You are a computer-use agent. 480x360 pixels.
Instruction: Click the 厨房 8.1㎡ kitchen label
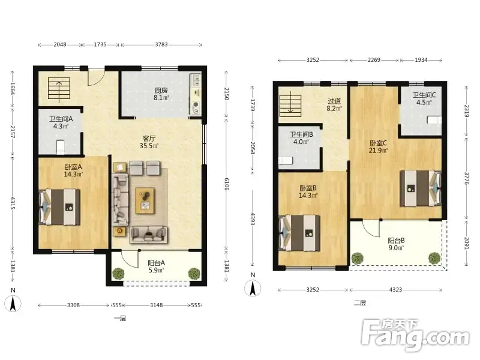(161, 94)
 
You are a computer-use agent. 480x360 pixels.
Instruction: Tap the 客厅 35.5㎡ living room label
(149, 142)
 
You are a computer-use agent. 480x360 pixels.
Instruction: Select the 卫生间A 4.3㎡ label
(61, 122)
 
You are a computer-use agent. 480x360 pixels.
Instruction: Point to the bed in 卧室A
(59, 207)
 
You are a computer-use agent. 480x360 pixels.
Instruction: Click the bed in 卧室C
(421, 188)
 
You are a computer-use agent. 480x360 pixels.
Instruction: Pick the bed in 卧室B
(299, 233)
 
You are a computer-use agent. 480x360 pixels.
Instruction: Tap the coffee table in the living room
(145, 201)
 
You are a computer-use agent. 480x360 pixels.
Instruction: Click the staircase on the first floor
(59, 88)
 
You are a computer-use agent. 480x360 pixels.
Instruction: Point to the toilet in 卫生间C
(434, 119)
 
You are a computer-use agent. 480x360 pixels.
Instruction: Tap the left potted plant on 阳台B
(357, 259)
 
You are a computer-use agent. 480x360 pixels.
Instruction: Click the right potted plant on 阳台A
(194, 274)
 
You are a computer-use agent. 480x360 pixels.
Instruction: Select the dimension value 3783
(161, 44)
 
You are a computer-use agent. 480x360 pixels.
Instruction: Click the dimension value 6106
(226, 184)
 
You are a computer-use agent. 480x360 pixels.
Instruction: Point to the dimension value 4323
(395, 289)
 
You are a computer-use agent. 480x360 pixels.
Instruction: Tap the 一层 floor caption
(120, 319)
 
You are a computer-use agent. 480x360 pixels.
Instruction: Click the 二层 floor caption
(360, 303)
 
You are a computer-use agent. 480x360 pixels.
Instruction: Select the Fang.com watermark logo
(415, 335)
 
